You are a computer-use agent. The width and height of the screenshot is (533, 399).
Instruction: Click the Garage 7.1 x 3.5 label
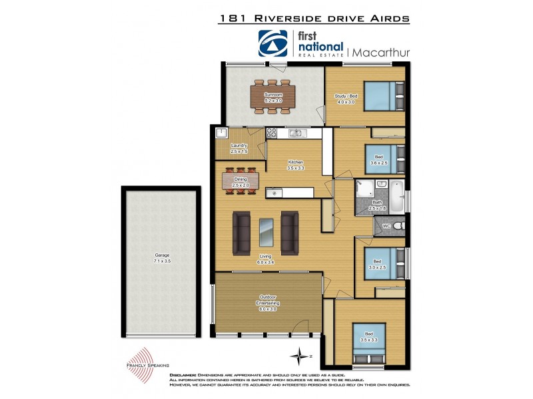[x=163, y=257]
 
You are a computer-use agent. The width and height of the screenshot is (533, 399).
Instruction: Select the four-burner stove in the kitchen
[x=272, y=134]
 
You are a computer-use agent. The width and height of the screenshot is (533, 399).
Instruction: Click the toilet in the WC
[x=396, y=227]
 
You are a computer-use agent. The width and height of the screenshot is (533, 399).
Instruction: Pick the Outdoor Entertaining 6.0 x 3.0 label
[x=267, y=305]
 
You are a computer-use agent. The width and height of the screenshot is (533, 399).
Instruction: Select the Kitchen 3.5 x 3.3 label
[x=296, y=165]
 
